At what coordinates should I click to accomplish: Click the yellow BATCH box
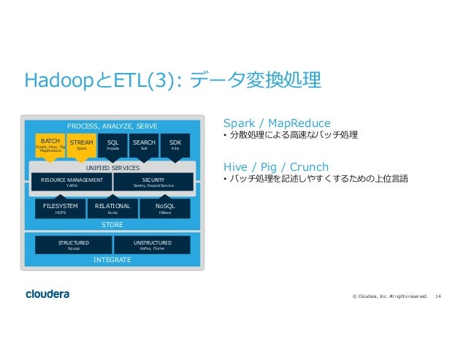pos(50,145)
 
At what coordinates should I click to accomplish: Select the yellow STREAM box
pos(82,145)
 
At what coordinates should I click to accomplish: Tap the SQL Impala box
pos(112,145)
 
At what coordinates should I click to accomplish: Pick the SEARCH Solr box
pos(144,145)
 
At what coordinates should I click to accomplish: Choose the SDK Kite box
pos(175,145)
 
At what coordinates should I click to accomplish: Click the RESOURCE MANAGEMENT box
pos(72,182)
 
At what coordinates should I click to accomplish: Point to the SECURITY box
pos(153,182)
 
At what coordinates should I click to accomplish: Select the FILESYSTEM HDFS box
pos(61,209)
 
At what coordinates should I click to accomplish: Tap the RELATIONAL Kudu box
pos(112,209)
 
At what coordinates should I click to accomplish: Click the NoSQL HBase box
pos(164,209)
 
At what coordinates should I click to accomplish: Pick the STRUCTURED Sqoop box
pos(74,245)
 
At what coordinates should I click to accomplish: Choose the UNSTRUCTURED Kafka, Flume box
pos(153,245)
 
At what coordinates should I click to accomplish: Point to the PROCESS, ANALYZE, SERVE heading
pos(112,126)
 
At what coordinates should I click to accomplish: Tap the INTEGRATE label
pos(112,259)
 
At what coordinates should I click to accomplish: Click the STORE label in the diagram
pos(112,224)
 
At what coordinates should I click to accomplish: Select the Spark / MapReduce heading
pos(277,123)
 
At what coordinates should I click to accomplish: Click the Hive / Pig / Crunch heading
pos(276,166)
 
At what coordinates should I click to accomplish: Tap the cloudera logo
pos(47,294)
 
